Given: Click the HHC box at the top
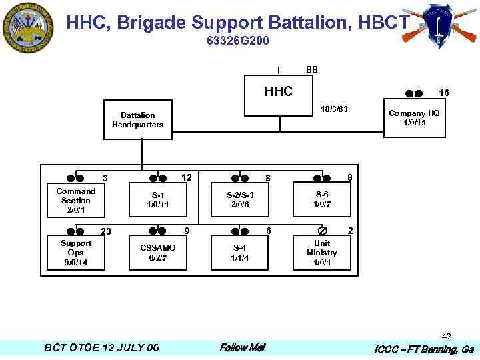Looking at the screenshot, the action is point(278,91).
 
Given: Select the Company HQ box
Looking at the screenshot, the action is point(414,118).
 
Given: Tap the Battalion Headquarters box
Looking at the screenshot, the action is point(137,120).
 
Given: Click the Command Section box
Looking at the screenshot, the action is point(75,200).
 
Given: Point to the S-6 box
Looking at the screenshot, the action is point(322,199).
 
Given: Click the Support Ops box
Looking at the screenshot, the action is point(75,253).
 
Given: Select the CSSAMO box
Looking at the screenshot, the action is point(158,253).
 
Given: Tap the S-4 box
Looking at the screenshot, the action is point(240,253).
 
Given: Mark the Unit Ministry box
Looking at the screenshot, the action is point(322,253).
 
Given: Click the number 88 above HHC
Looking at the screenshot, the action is point(312,70).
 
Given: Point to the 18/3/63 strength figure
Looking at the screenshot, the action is point(334,109).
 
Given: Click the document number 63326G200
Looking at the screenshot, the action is point(238,41).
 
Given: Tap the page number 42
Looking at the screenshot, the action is point(447,337).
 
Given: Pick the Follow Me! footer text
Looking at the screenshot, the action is point(242,347).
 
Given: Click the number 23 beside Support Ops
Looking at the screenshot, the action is point(105,231).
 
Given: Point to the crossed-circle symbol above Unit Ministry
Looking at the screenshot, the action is point(322,231).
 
